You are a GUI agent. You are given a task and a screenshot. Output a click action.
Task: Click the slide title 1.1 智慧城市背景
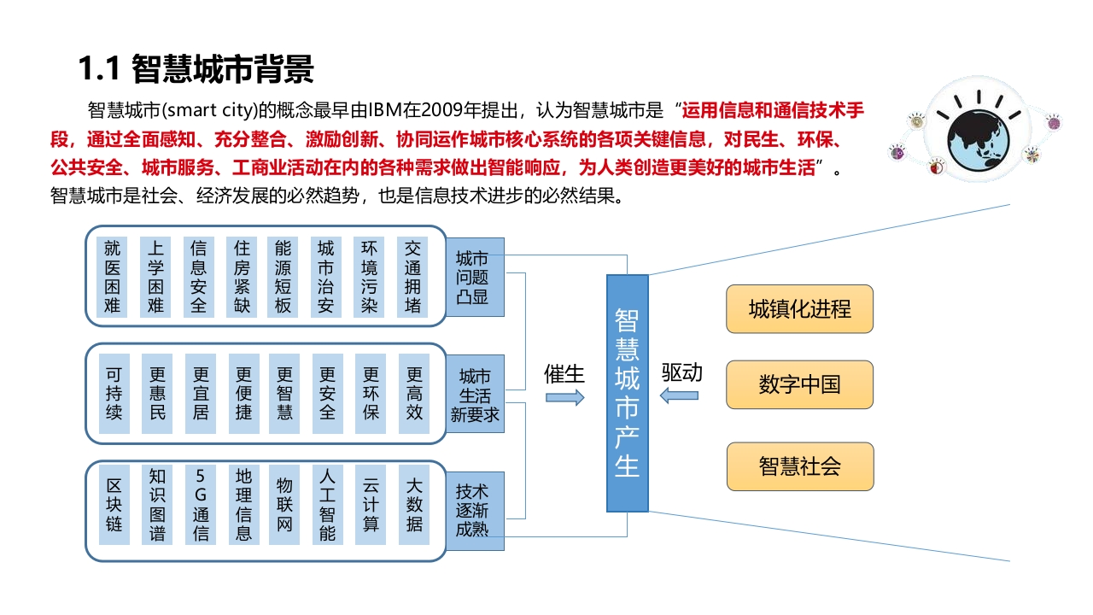tap(196, 69)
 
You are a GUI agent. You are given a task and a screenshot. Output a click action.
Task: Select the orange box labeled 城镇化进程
tap(799, 309)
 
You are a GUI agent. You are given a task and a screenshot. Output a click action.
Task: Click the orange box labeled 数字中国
tap(799, 384)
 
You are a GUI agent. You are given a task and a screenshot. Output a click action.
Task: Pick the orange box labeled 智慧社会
tap(800, 466)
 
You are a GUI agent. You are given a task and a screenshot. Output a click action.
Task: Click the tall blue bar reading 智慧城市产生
tap(628, 393)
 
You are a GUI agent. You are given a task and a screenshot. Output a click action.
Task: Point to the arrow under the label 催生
tap(565, 397)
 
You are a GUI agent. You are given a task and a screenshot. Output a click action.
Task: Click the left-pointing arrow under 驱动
tap(679, 395)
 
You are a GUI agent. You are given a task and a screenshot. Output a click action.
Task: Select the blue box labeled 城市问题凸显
tap(475, 278)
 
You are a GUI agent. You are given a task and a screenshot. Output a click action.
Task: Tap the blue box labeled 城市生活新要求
tap(475, 394)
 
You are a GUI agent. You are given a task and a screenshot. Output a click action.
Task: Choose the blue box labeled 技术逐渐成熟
tap(475, 511)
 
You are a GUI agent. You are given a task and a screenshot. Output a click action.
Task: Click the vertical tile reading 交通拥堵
tap(412, 278)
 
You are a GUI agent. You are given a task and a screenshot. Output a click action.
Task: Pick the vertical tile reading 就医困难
tap(112, 278)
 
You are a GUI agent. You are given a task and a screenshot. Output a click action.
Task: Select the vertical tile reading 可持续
tap(114, 394)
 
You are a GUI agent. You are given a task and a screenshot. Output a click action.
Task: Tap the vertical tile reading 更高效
tap(414, 394)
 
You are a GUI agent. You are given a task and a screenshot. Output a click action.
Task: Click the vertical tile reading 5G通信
tap(201, 505)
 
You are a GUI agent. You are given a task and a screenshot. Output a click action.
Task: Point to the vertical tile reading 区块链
tap(114, 505)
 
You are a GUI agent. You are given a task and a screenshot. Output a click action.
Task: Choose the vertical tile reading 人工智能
tap(327, 505)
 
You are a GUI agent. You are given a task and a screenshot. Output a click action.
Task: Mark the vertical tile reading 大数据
tap(414, 505)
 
